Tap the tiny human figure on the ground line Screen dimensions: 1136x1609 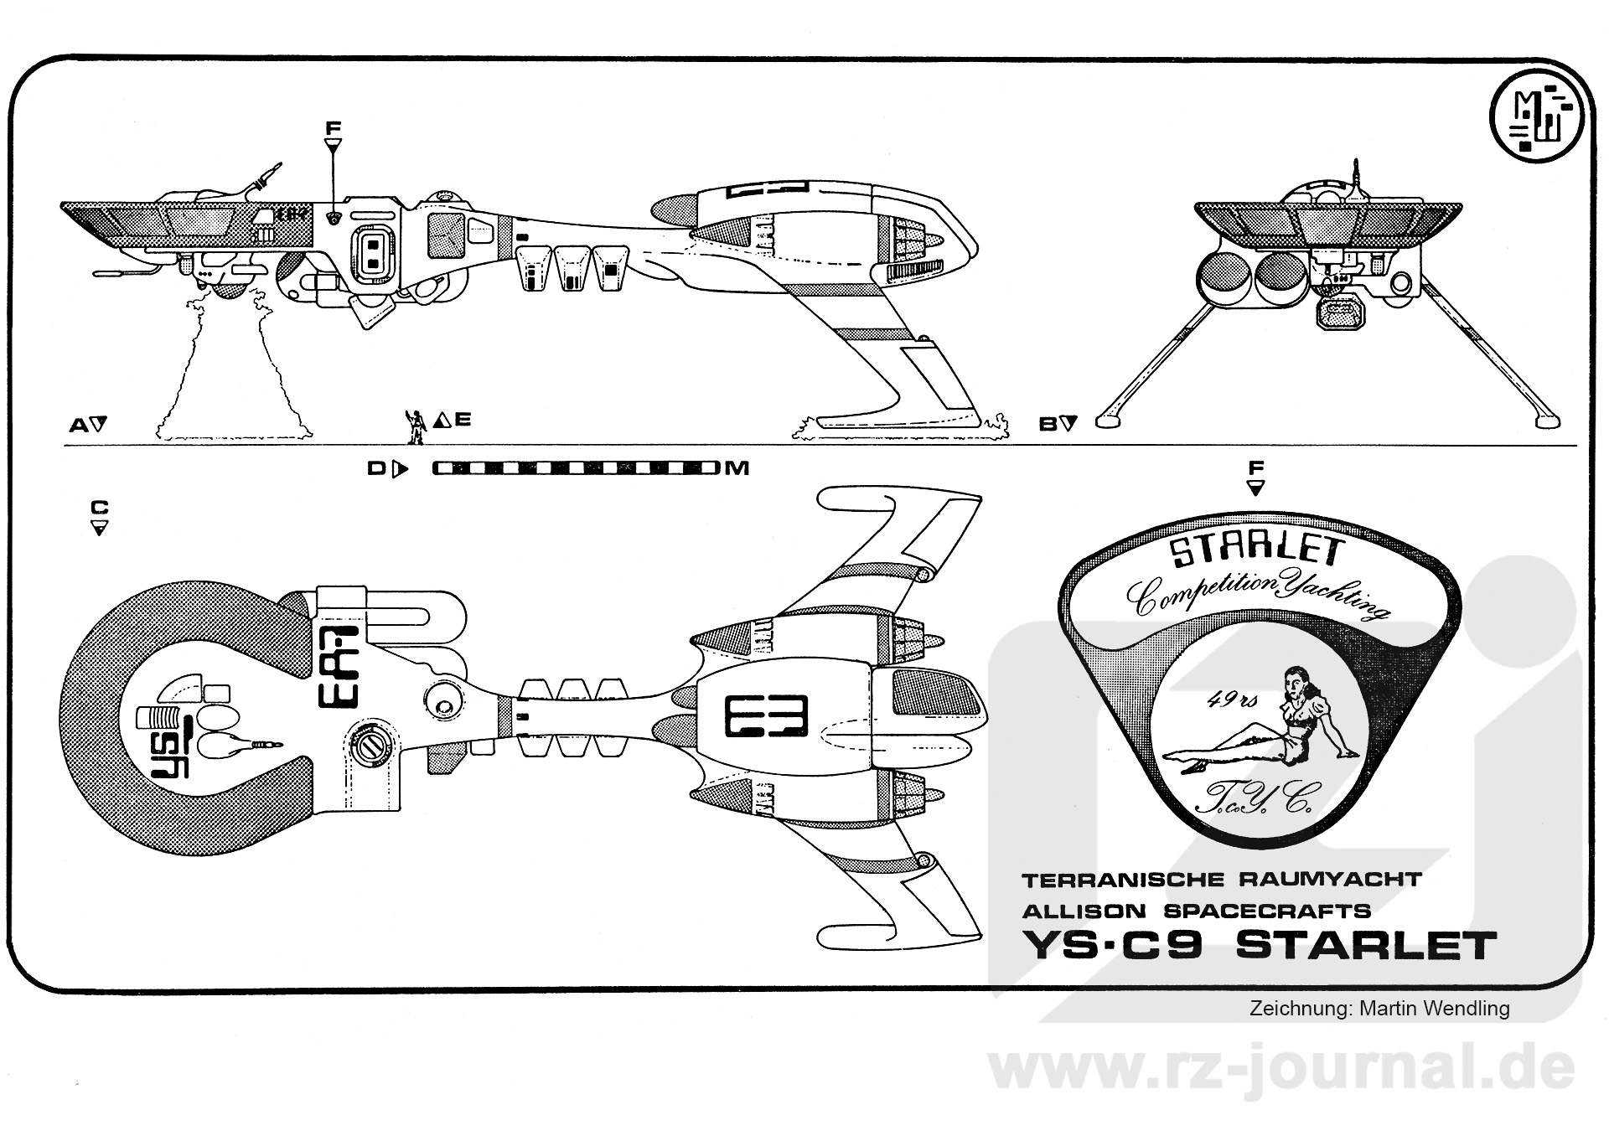click(415, 426)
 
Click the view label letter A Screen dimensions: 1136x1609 click(79, 425)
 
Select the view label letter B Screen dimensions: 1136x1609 click(1048, 425)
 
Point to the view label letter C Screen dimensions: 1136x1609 click(100, 508)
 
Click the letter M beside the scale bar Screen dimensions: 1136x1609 click(737, 468)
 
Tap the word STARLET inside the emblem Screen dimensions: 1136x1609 click(1257, 551)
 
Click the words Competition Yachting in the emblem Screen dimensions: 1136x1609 click(1257, 595)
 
